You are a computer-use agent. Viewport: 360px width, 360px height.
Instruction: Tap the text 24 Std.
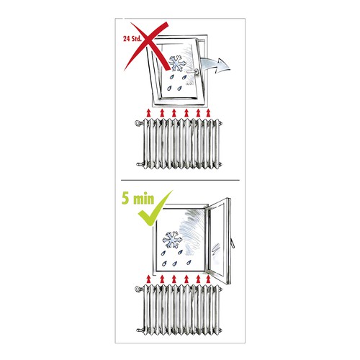[132, 39]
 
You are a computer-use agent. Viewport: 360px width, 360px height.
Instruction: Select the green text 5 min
[138, 199]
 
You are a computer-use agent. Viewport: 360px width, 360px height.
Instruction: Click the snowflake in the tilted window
[177, 63]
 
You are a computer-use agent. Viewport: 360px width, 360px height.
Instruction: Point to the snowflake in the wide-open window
[172, 240]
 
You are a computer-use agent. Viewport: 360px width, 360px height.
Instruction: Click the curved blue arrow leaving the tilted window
[215, 65]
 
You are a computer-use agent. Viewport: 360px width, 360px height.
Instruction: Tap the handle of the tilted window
[193, 71]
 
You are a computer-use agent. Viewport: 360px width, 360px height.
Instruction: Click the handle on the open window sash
[233, 243]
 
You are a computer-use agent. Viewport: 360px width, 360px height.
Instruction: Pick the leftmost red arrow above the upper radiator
[149, 112]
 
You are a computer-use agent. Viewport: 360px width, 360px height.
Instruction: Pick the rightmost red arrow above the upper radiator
[208, 112]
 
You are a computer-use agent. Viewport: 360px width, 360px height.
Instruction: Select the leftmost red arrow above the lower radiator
[149, 279]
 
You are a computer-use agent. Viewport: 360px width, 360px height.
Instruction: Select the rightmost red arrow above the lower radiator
[208, 279]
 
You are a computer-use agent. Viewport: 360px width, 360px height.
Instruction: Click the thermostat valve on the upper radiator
[139, 123]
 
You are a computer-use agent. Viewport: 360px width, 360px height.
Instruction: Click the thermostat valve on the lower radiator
[139, 289]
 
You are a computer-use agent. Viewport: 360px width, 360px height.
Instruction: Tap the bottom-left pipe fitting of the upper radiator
[140, 164]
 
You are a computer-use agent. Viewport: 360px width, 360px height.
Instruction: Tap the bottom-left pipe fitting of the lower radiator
[140, 330]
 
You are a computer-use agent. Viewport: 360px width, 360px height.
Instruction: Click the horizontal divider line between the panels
[180, 180]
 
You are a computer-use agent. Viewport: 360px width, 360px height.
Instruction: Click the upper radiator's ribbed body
[182, 143]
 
